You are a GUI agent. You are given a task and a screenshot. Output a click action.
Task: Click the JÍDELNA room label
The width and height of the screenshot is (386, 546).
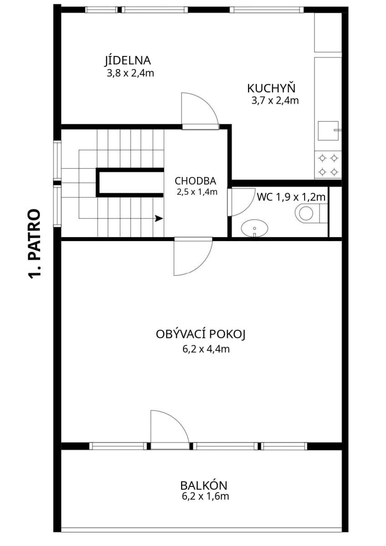point(127,60)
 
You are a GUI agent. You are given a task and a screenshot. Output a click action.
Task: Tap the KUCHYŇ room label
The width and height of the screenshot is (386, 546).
point(271,88)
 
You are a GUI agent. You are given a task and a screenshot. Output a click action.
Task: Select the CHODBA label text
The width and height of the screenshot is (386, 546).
point(195,181)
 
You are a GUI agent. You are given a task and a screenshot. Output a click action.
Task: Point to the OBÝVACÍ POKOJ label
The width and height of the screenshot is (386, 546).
point(201,335)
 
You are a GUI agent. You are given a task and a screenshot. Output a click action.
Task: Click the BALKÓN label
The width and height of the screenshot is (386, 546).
point(203,485)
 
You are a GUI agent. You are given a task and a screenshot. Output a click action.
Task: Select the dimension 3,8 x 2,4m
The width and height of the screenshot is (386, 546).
point(130,73)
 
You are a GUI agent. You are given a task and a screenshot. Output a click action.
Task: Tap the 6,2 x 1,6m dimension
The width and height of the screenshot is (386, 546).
point(204,496)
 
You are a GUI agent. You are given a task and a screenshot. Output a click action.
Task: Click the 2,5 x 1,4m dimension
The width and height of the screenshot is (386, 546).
point(197,192)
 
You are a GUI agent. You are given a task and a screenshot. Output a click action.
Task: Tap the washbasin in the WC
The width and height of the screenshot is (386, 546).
point(254,228)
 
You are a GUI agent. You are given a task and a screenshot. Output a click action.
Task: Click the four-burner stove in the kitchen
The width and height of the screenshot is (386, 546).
point(328,165)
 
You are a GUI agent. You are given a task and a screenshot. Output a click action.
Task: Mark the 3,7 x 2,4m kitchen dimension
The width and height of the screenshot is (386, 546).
point(275,101)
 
